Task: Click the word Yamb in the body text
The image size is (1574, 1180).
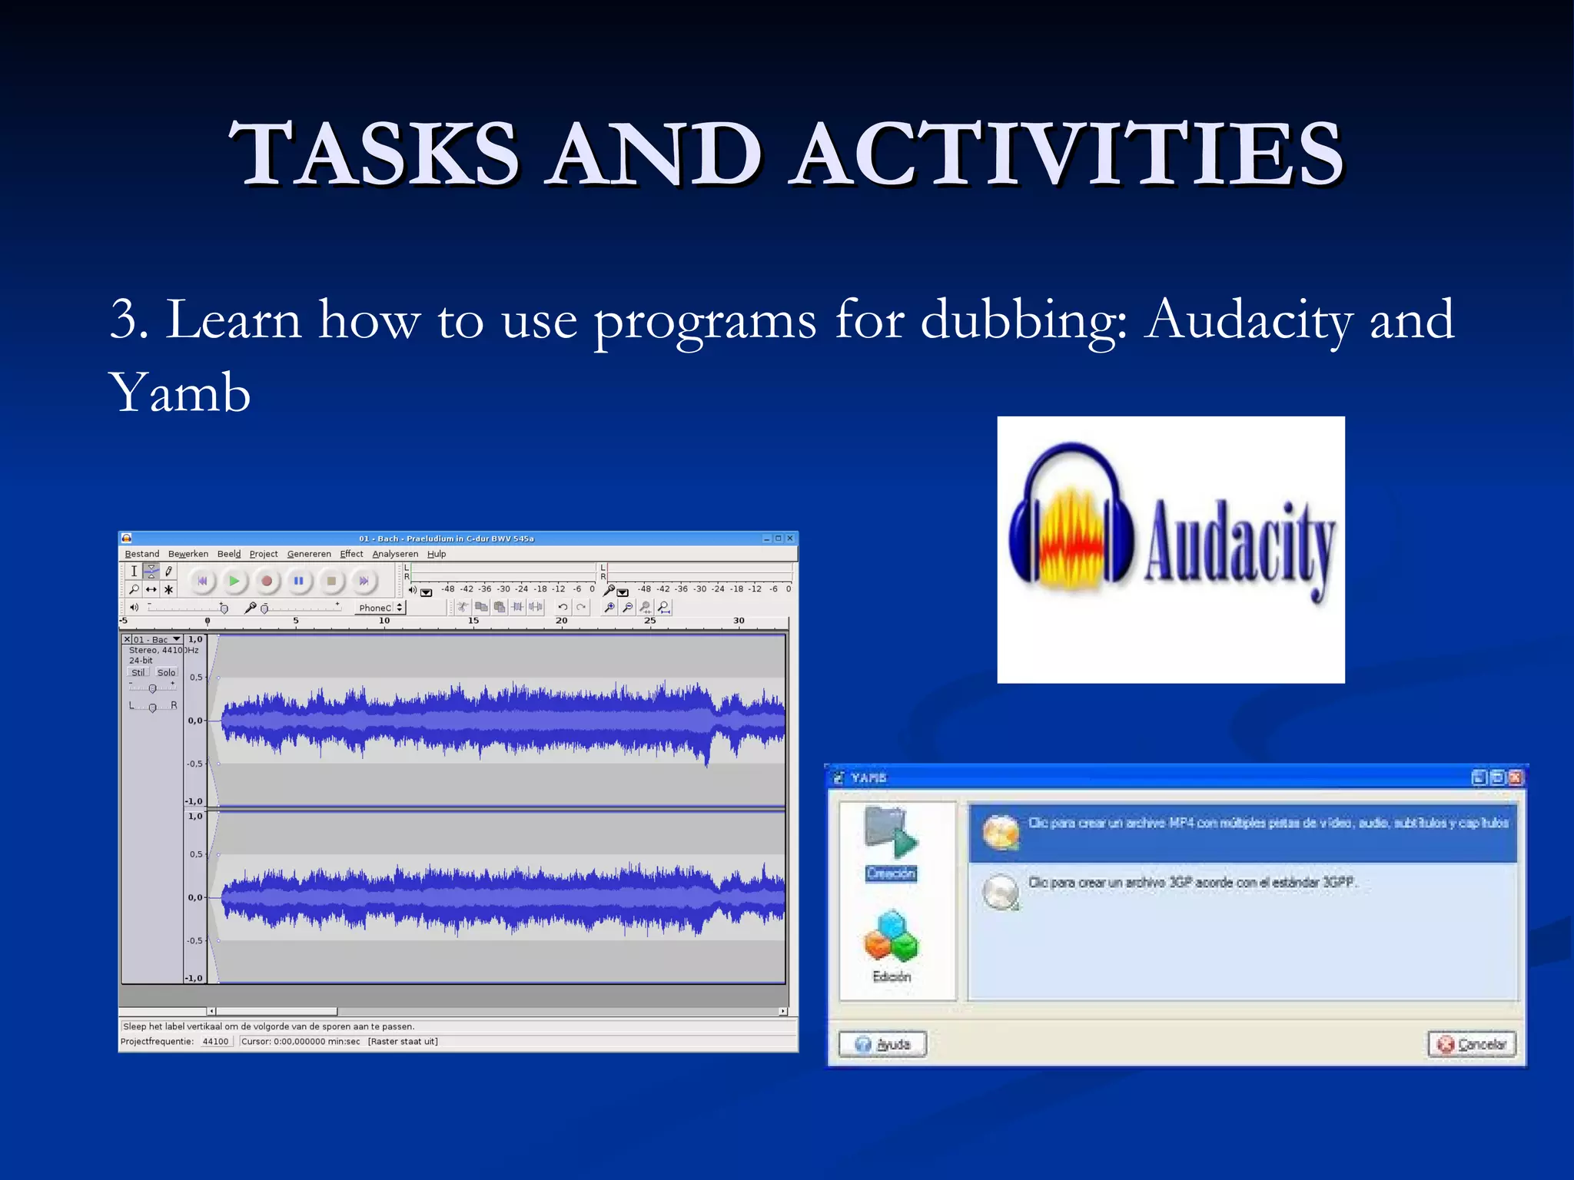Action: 180,393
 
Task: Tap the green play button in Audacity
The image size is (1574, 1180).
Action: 234,581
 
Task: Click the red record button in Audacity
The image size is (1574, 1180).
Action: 266,581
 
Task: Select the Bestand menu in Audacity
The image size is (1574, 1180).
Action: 142,554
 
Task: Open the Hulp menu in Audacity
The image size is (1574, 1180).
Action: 437,554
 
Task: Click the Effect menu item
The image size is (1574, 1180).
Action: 351,554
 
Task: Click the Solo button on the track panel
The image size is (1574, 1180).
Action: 166,672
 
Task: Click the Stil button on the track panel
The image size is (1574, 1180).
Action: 138,672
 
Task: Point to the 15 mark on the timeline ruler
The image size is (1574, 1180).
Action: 473,621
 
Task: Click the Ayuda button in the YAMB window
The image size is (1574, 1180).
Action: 882,1044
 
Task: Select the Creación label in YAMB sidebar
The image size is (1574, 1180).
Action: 891,873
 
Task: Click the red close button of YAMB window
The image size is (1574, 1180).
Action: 1515,777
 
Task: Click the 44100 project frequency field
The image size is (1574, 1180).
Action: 215,1042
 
